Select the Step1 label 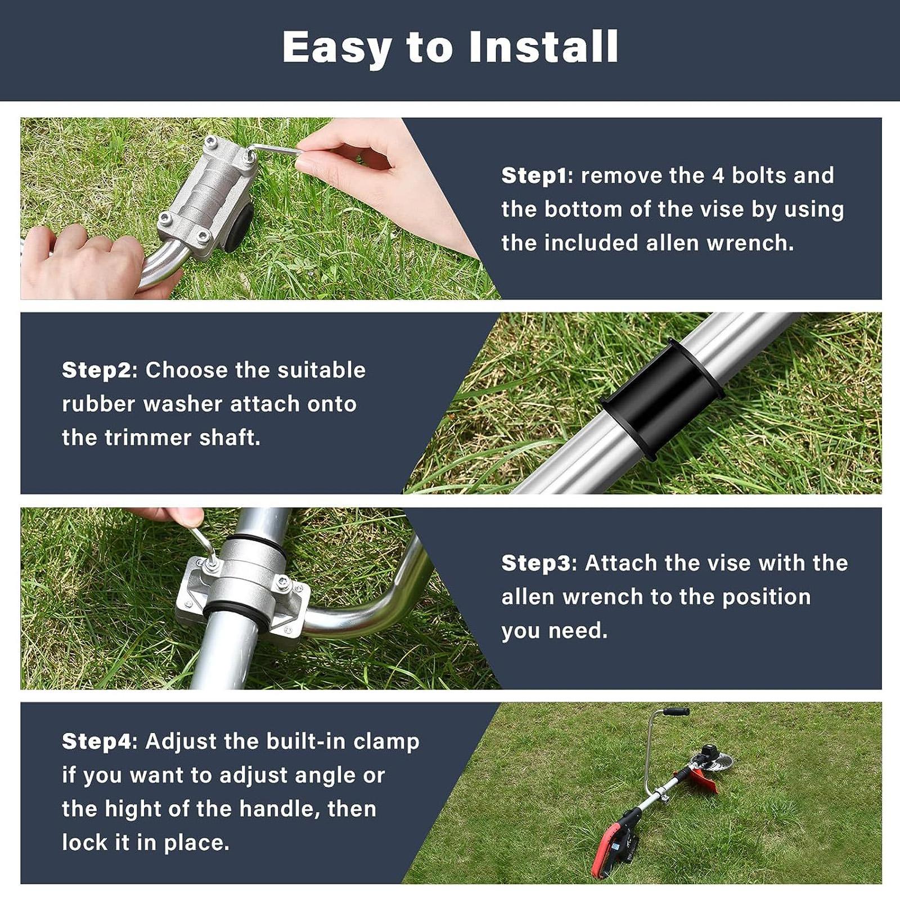534,175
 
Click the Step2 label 96,371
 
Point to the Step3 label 535,563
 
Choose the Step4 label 96,741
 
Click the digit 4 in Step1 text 718,175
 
